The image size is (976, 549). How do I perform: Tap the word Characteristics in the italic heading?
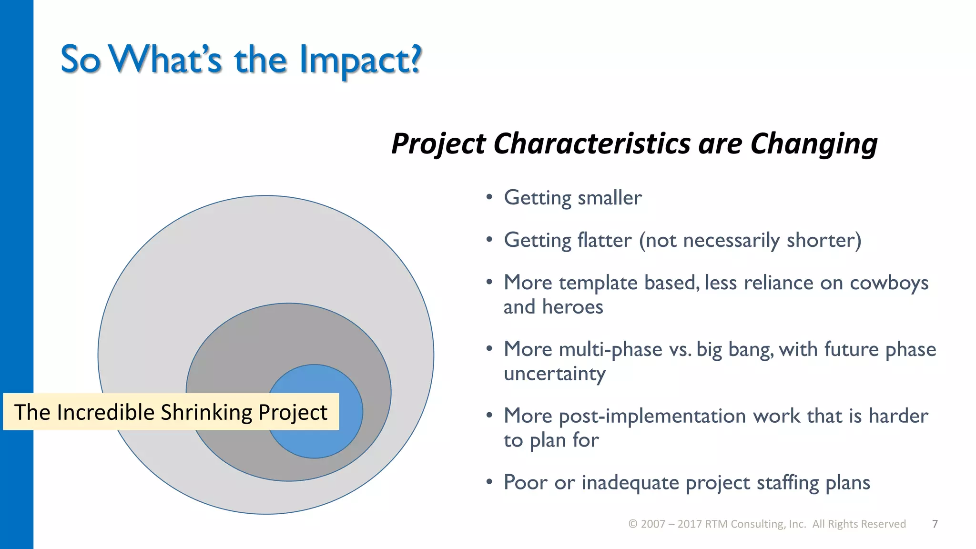click(591, 143)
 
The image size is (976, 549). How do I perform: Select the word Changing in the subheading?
click(813, 143)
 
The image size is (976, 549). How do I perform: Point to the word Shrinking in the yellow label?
click(206, 412)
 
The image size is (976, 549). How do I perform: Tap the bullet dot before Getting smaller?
click(489, 197)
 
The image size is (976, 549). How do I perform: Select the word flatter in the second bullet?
click(604, 240)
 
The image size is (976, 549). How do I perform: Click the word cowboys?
click(889, 283)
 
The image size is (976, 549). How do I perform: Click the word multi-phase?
click(610, 349)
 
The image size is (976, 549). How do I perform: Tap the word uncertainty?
click(554, 374)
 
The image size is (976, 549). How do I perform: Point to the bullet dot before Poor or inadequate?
click(489, 482)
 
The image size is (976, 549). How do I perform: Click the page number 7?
click(935, 524)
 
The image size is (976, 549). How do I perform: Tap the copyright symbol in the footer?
click(633, 524)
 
